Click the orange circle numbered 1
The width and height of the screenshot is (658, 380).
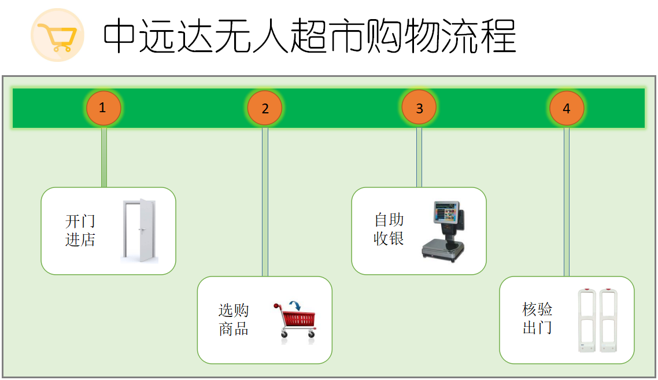coord(103,108)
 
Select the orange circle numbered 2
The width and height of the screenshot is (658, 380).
coord(265,108)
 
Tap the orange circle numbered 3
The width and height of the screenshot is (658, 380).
coord(419,108)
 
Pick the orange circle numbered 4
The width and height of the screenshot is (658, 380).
coord(567,108)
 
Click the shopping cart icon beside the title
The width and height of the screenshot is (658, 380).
coord(57,36)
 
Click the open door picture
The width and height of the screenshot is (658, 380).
coord(139,231)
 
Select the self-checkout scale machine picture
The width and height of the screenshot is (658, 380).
coord(443,231)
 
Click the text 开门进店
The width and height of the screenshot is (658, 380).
coord(80,230)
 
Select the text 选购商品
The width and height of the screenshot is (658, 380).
coord(234,320)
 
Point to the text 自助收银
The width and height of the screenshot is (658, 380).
coord(389,229)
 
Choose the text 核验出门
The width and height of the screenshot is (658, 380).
coord(537,318)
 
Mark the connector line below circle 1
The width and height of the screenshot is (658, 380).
coord(104,157)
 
